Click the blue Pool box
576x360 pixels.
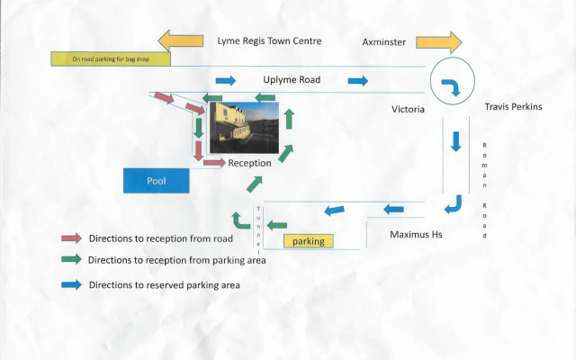(x=157, y=180)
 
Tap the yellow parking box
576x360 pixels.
(x=309, y=241)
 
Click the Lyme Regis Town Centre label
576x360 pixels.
(x=269, y=41)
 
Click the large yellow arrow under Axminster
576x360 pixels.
(x=438, y=41)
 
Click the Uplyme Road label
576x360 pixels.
(x=292, y=79)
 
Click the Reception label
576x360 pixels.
(x=249, y=163)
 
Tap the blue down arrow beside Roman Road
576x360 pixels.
(x=456, y=141)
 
